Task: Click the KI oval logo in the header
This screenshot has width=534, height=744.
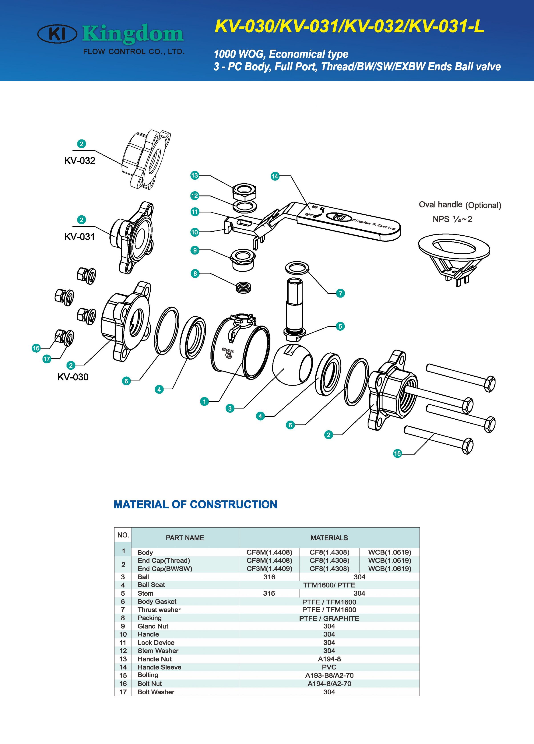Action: click(x=57, y=34)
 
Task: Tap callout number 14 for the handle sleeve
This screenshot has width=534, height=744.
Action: click(x=275, y=176)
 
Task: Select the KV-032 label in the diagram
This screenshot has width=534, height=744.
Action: click(x=80, y=161)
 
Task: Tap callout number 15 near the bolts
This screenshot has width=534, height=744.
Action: click(x=397, y=453)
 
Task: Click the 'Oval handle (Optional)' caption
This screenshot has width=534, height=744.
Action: click(x=460, y=205)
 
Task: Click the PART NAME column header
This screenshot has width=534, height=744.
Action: click(x=185, y=538)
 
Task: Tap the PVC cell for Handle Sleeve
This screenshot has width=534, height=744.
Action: click(x=329, y=667)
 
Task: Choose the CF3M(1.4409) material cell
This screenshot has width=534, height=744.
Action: click(x=269, y=568)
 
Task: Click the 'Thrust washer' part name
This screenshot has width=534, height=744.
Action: click(x=159, y=609)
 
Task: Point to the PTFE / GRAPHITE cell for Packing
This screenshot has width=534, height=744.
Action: click(x=329, y=618)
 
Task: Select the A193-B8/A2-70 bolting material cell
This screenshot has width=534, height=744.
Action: click(x=329, y=675)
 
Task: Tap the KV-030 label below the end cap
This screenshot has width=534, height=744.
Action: click(x=73, y=377)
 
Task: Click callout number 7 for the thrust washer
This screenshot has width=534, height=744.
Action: click(x=340, y=293)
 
